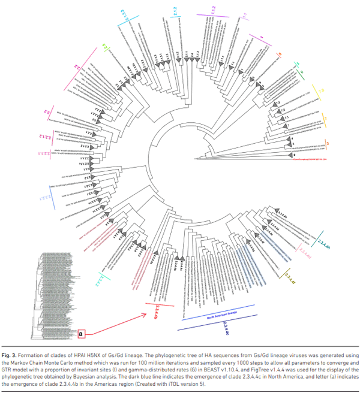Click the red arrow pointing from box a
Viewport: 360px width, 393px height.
coord(120,321)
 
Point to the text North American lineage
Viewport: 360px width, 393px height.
coord(223,318)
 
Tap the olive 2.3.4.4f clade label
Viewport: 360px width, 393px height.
coord(289,279)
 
